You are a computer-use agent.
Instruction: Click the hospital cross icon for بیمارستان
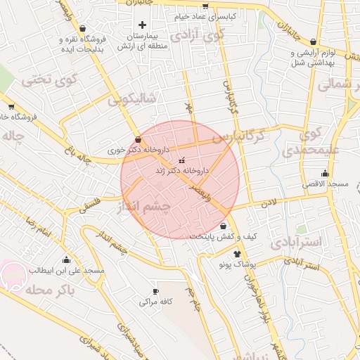(142, 25)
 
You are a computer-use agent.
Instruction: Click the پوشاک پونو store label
(232, 264)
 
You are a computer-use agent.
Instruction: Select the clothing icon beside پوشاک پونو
(237, 254)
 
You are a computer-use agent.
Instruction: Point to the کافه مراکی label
(155, 301)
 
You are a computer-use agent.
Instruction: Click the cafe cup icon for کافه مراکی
(155, 291)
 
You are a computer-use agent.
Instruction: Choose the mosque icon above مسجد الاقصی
(325, 173)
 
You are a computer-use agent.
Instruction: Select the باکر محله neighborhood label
(48, 290)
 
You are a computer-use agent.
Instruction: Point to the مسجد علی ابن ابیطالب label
(66, 270)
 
